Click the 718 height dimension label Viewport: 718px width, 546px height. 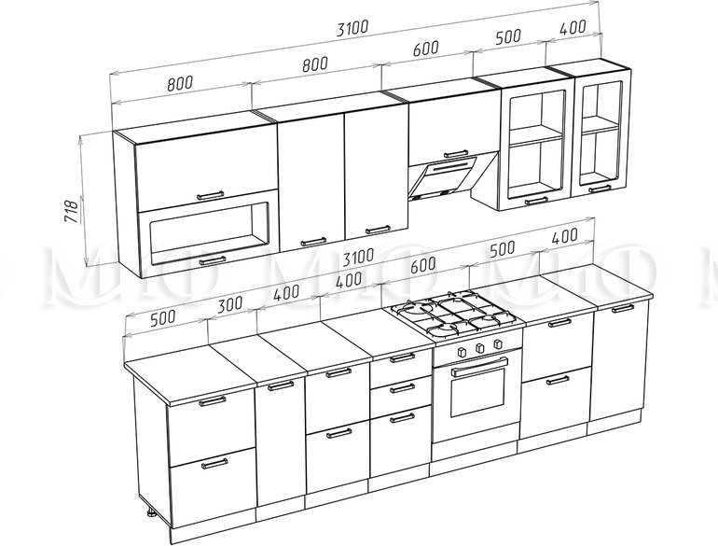[x=72, y=211]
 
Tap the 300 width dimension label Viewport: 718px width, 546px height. [x=230, y=305]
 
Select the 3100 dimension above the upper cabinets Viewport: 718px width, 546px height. [x=352, y=28]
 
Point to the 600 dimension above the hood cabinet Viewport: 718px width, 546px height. [x=425, y=49]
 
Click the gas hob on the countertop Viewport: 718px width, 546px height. [x=453, y=315]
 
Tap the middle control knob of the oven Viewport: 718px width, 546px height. [x=480, y=347]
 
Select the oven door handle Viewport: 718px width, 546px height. [x=479, y=367]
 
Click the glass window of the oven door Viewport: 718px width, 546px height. [x=477, y=390]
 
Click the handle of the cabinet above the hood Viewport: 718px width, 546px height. [x=456, y=154]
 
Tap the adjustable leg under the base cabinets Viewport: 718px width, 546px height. [x=151, y=512]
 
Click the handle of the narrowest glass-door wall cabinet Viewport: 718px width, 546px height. [x=600, y=188]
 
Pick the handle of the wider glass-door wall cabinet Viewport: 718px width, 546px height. [x=536, y=201]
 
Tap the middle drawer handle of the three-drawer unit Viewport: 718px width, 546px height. [x=403, y=388]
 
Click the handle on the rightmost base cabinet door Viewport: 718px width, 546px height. [x=623, y=308]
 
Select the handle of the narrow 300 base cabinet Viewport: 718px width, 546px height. [x=281, y=385]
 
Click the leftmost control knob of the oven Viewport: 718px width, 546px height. [x=462, y=352]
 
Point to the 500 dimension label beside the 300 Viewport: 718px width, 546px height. [x=163, y=317]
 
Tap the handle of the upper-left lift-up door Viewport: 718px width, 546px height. [x=211, y=195]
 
